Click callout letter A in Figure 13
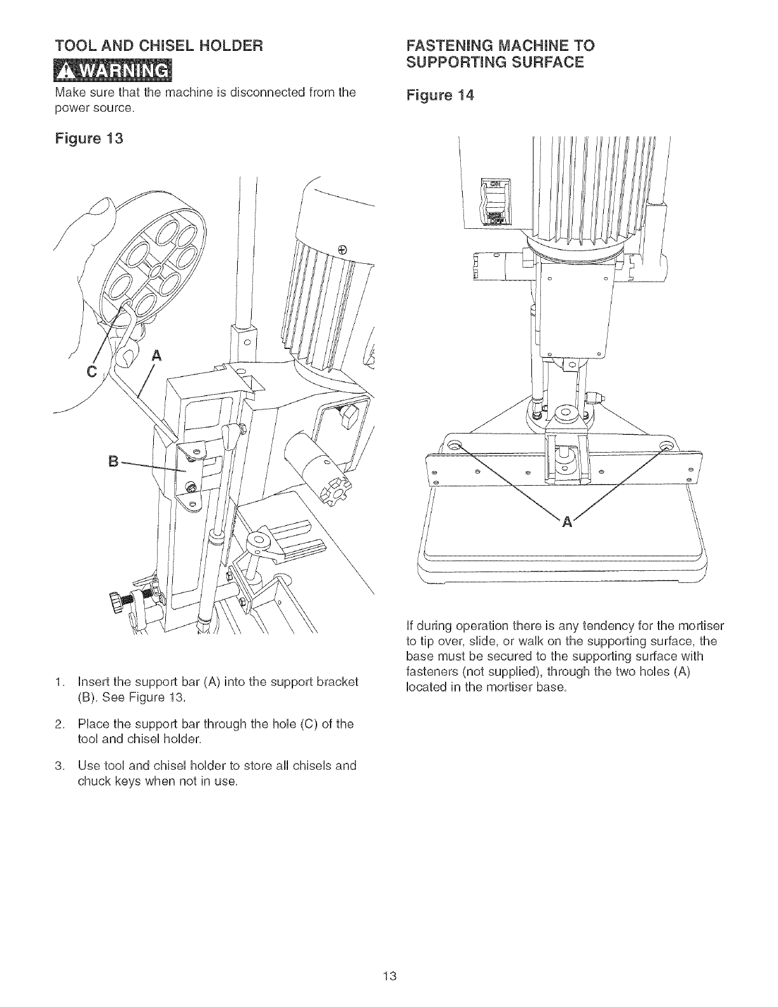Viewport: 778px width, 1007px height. pos(153,355)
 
